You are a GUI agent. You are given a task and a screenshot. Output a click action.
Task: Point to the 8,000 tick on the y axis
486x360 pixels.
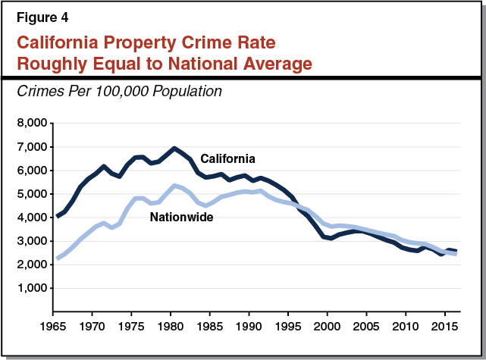(x=33, y=123)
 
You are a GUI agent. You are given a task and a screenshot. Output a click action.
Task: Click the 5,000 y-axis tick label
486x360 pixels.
(x=33, y=194)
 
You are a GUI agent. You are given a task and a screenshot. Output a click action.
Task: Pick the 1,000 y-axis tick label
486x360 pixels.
(x=33, y=289)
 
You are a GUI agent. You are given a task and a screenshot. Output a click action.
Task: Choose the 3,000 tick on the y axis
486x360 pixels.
(x=33, y=241)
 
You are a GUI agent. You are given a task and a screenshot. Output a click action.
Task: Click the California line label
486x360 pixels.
(x=227, y=158)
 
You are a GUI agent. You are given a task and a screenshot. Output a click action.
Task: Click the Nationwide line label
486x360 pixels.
(x=180, y=217)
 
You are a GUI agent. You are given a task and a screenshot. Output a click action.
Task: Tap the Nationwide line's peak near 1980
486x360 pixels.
(x=174, y=186)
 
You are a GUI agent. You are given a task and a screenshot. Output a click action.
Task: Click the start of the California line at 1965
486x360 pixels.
(x=58, y=217)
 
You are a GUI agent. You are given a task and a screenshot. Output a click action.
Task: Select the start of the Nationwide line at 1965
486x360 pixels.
(x=58, y=259)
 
